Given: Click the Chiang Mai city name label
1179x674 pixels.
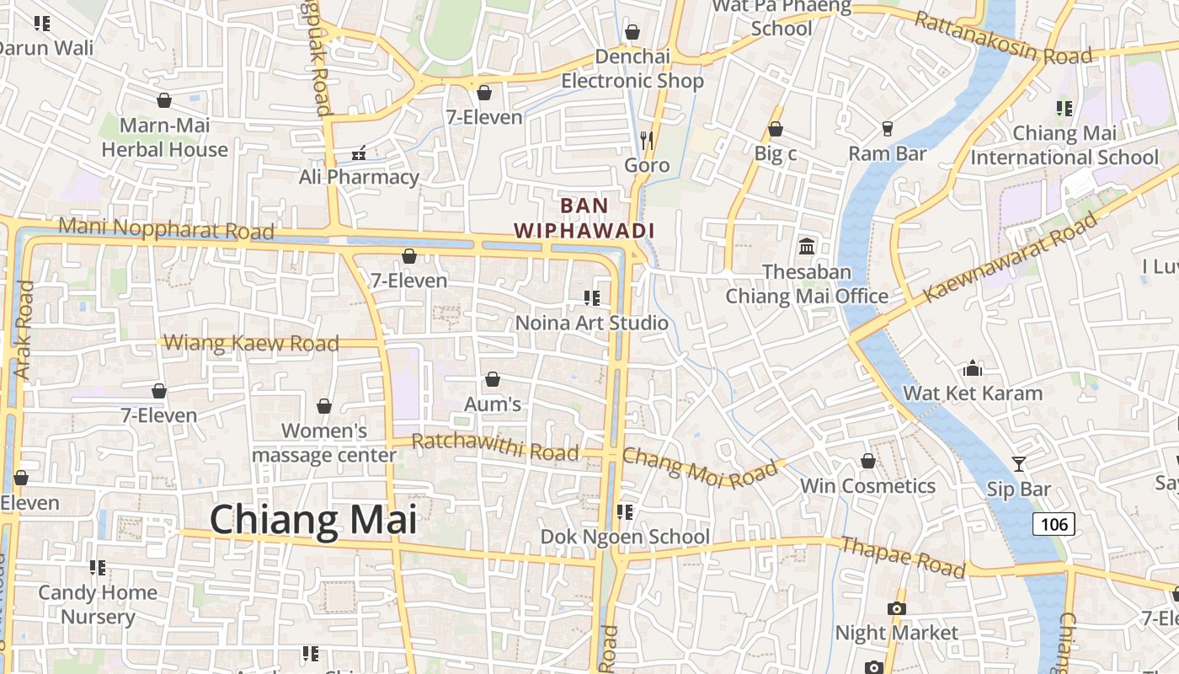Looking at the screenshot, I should click(x=313, y=519).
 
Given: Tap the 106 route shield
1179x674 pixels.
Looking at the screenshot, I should click(x=1054, y=524).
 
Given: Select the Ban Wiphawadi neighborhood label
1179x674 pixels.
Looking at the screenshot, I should click(x=584, y=218).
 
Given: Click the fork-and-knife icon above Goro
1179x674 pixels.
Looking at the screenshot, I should click(x=647, y=140).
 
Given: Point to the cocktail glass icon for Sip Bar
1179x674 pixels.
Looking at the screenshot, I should click(x=1019, y=464).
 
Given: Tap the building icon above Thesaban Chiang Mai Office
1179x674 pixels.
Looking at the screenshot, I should click(x=807, y=246).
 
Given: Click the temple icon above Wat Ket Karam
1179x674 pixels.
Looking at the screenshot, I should click(x=973, y=368).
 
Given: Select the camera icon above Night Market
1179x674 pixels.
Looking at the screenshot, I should click(x=897, y=608).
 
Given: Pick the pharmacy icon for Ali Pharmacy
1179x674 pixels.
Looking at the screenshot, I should click(x=359, y=153).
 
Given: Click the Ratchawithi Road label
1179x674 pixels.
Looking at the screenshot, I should click(x=495, y=447).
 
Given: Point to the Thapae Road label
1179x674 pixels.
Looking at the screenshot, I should click(x=903, y=557).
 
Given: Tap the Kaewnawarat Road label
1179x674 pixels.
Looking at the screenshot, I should click(x=1011, y=257).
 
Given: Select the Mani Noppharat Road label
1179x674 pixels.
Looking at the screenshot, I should click(x=167, y=228).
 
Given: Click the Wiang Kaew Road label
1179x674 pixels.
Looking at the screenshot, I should click(x=251, y=343).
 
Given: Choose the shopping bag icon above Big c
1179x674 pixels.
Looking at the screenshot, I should click(x=776, y=129).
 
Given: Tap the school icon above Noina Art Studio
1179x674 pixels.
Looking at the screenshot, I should click(x=591, y=297).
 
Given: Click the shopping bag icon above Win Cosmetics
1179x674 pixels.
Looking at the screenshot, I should click(x=868, y=461).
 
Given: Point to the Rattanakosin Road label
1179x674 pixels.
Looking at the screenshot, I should click(x=1003, y=39).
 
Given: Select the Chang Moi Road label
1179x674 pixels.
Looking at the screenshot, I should click(x=700, y=468).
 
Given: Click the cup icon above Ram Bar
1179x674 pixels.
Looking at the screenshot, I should click(x=887, y=128).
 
